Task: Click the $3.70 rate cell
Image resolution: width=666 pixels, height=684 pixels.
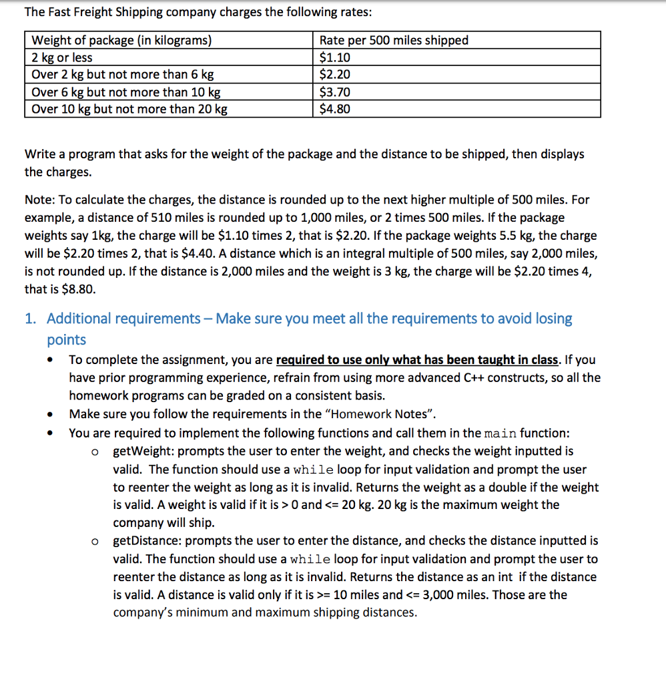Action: tap(335, 92)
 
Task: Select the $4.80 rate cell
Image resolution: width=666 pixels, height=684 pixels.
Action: tap(335, 109)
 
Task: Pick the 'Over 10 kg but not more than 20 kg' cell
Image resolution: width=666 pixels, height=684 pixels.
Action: tap(129, 109)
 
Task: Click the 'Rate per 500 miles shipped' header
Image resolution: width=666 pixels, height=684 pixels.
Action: tap(394, 40)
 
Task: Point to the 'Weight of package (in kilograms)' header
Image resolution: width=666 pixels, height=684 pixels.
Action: tap(121, 40)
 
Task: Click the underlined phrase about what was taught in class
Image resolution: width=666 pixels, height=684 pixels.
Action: tap(417, 360)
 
